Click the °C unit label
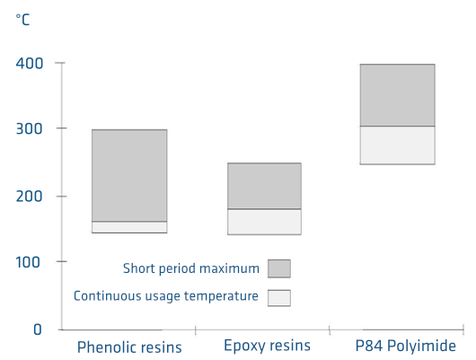(x=23, y=20)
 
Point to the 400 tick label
(x=29, y=64)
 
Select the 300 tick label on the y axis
(x=29, y=129)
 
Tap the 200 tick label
(x=29, y=197)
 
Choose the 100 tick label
(x=29, y=262)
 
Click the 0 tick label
(x=38, y=330)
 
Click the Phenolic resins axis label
(x=129, y=347)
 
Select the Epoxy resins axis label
(x=266, y=346)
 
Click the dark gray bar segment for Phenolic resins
(x=129, y=175)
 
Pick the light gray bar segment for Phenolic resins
(x=129, y=227)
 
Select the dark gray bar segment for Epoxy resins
(x=264, y=186)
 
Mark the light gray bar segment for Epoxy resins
(x=264, y=222)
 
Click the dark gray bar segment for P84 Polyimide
(x=397, y=95)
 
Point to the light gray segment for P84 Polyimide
(x=397, y=145)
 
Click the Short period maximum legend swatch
(x=279, y=268)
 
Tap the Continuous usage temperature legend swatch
(x=279, y=297)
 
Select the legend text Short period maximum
(x=191, y=268)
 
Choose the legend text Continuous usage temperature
(x=166, y=295)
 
